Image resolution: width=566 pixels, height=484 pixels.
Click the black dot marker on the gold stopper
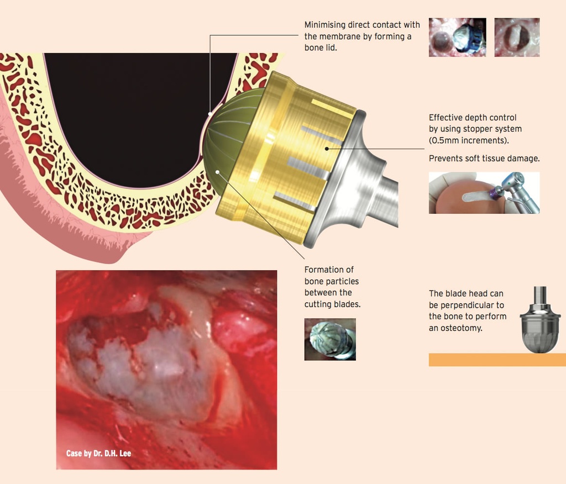[x=327, y=149]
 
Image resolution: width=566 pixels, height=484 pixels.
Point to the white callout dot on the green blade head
[x=217, y=172]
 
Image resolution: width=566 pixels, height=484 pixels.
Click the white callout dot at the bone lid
[x=209, y=114]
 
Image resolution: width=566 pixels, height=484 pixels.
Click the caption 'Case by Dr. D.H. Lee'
[x=98, y=453]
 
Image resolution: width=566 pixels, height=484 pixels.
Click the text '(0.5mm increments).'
[x=469, y=140]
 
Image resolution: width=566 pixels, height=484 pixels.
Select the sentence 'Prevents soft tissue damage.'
[x=484, y=159]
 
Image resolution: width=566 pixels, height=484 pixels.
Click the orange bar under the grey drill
[x=497, y=360]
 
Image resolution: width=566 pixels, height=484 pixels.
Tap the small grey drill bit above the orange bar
[x=540, y=320]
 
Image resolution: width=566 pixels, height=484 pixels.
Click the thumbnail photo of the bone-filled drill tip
[x=330, y=339]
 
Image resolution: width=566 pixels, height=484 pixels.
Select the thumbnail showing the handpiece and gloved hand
[x=484, y=193]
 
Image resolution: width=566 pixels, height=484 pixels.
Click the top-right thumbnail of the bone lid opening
[x=517, y=37]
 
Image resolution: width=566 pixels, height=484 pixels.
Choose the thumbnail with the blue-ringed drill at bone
[x=457, y=37]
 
